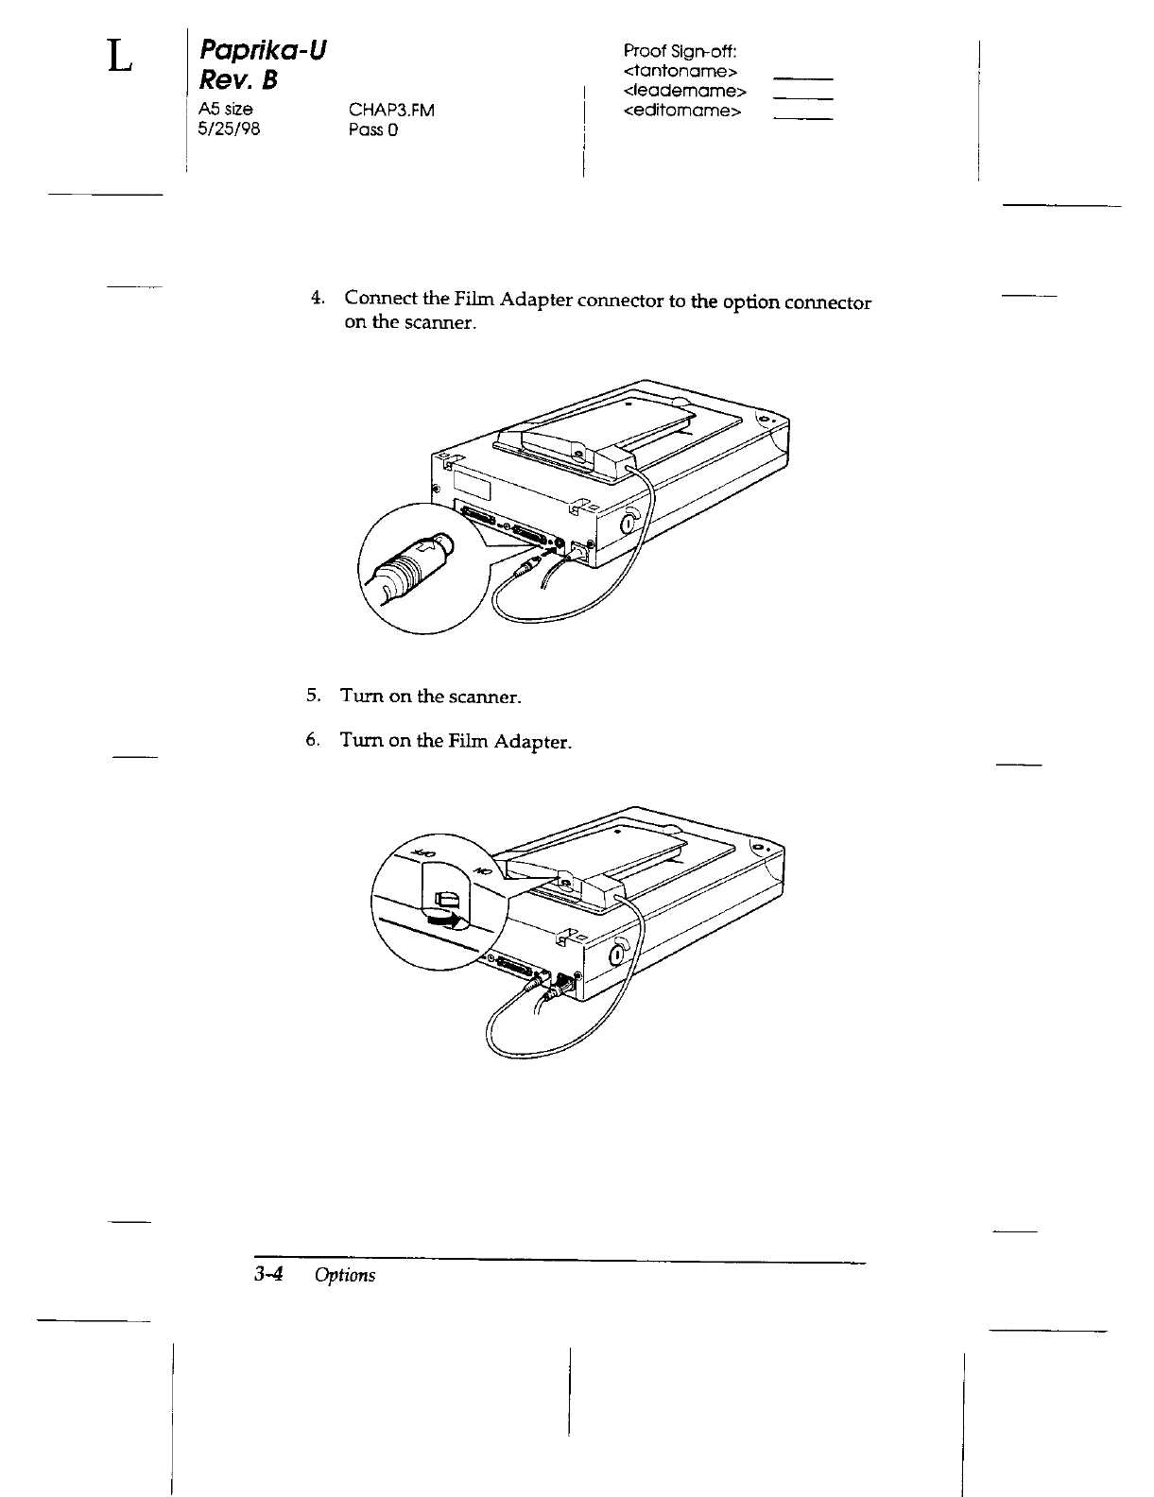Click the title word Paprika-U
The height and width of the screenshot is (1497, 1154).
click(258, 50)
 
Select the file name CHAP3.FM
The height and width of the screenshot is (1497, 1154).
click(391, 111)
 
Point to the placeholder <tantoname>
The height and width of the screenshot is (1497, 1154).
click(680, 71)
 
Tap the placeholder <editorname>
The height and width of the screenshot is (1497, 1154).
click(683, 111)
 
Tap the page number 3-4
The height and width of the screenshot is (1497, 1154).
click(268, 1274)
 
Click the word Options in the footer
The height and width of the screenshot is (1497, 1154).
click(345, 1275)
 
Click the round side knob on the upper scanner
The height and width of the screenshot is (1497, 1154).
click(629, 525)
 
